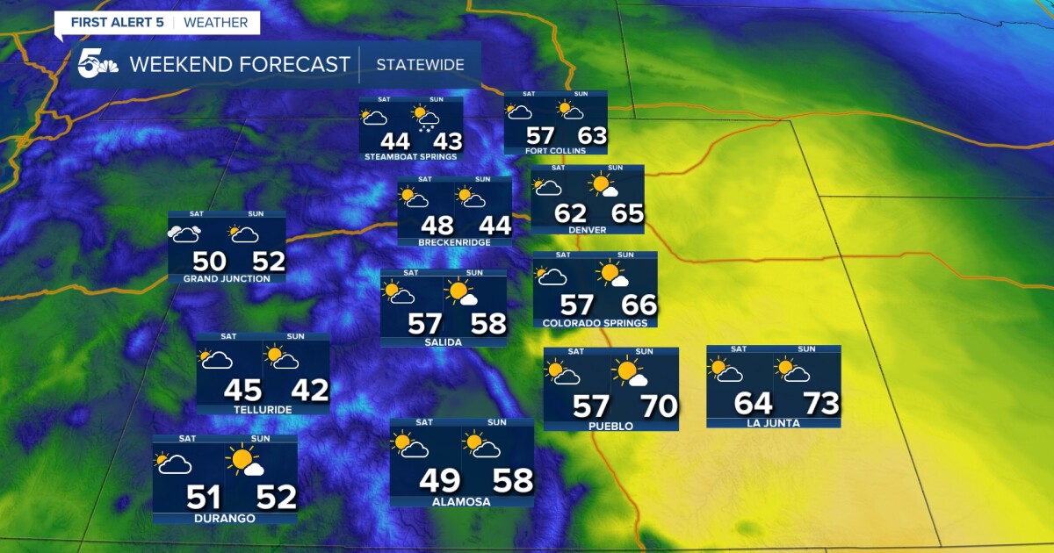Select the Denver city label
point(587,229)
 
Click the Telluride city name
point(263,409)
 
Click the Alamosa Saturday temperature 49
point(439,480)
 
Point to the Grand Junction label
point(227,279)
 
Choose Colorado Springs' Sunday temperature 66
point(638,305)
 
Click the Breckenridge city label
point(454,242)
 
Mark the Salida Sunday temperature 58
point(488,323)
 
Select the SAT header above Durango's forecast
point(187,438)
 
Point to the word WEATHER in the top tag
point(216,22)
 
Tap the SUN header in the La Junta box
point(806,349)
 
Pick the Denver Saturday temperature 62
point(570,213)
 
